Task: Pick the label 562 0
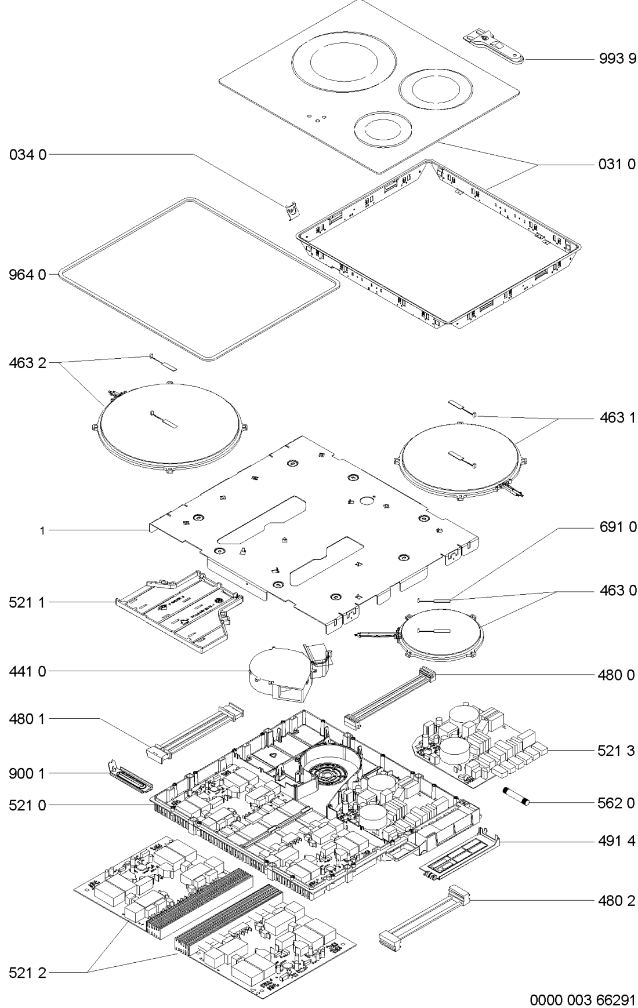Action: click(x=617, y=803)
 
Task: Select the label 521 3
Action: click(x=617, y=751)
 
